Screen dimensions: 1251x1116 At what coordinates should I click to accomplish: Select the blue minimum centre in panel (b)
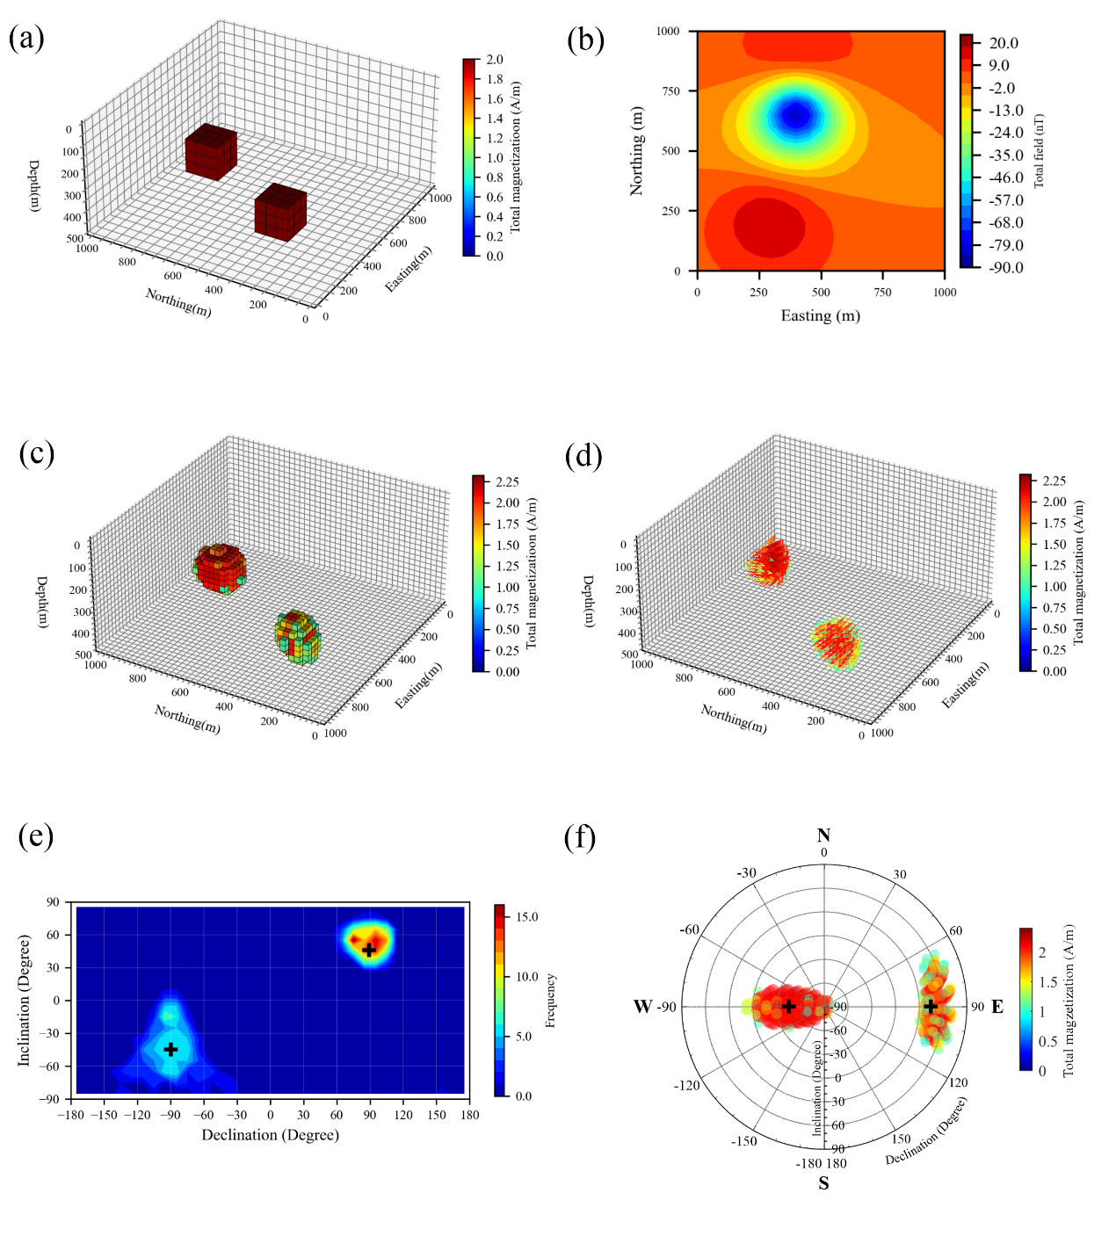(x=796, y=115)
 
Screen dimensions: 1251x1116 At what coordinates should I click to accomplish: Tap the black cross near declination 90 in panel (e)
(x=370, y=950)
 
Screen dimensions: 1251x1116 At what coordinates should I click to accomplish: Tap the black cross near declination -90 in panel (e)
(x=170, y=1049)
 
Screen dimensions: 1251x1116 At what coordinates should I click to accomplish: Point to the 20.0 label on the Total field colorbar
(x=1004, y=43)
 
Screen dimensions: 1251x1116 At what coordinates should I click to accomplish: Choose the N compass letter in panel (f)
(x=823, y=835)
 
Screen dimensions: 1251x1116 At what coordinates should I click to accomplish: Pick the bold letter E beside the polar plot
(x=997, y=1007)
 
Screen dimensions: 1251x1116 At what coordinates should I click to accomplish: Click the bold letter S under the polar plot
(x=823, y=1183)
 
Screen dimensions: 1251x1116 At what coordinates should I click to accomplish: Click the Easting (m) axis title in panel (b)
(x=821, y=316)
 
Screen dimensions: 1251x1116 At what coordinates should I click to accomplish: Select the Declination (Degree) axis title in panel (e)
(x=271, y=1135)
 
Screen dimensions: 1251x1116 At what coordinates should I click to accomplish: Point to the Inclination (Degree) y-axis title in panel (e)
(x=25, y=1001)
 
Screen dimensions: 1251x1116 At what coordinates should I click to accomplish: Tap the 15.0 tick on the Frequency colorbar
(x=527, y=917)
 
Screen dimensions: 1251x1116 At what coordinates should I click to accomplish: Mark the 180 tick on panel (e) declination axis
(x=470, y=1115)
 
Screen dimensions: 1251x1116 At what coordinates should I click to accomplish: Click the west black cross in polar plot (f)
(x=789, y=1007)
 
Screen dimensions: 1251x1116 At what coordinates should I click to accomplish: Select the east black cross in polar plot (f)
(x=931, y=1007)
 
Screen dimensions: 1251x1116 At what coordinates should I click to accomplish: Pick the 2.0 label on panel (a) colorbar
(x=495, y=60)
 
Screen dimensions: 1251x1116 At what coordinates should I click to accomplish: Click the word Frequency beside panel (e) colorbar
(x=551, y=1001)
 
